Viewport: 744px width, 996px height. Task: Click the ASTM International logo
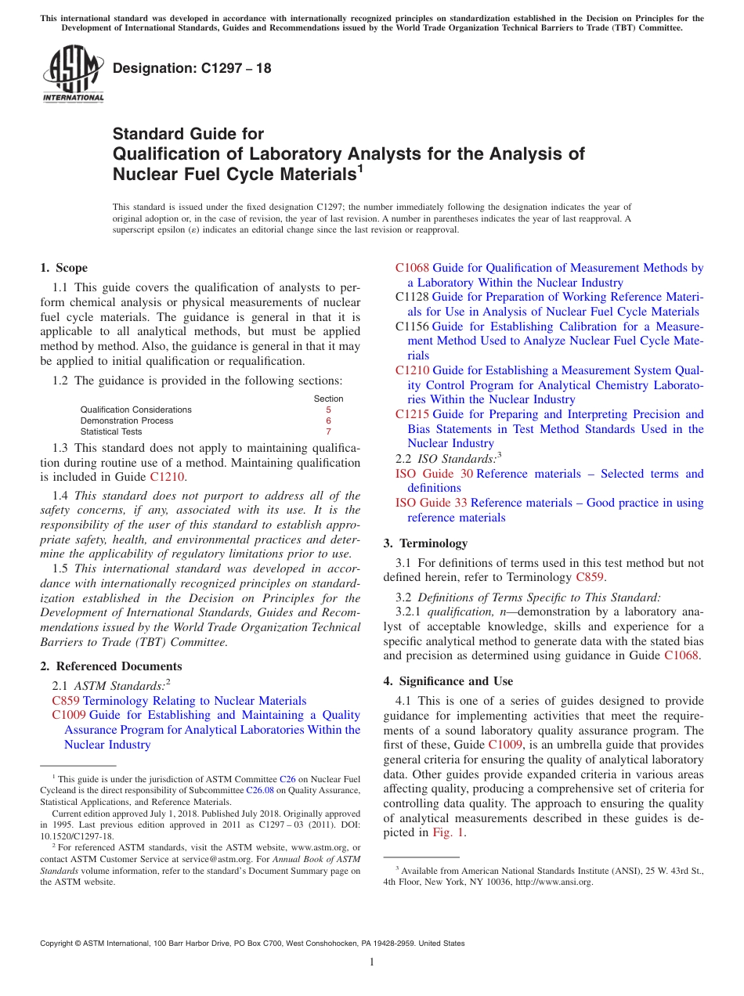[73, 74]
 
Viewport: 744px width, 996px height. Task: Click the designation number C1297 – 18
[192, 68]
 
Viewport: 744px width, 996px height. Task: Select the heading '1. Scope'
[64, 268]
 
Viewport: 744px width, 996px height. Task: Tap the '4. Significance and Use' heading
[449, 681]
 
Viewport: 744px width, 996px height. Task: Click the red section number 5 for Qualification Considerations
[328, 410]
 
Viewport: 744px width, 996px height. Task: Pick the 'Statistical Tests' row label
[111, 431]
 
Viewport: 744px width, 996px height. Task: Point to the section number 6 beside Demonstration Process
[328, 420]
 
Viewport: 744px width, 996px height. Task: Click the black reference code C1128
[412, 298]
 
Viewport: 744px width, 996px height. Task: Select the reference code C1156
[412, 327]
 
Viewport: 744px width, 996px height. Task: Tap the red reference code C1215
[412, 414]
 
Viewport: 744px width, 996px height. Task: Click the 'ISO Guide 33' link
[431, 503]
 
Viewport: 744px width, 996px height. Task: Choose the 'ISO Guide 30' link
[434, 474]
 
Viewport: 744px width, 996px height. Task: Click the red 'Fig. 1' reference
[449, 832]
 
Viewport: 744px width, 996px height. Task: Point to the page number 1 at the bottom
[372, 962]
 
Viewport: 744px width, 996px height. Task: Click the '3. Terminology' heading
[426, 543]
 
